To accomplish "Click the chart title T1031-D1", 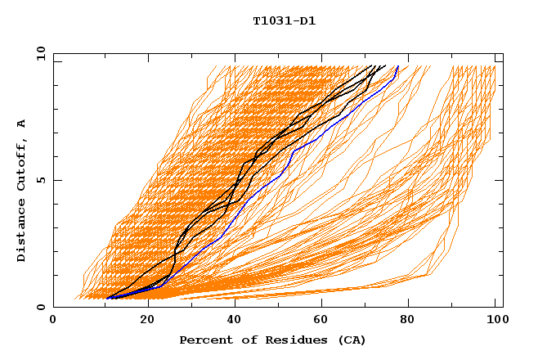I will [284, 20].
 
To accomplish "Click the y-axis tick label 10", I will [39, 53].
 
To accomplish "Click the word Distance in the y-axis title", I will [21, 232].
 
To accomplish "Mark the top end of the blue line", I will [397, 66].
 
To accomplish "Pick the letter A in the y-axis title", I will [21, 124].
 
